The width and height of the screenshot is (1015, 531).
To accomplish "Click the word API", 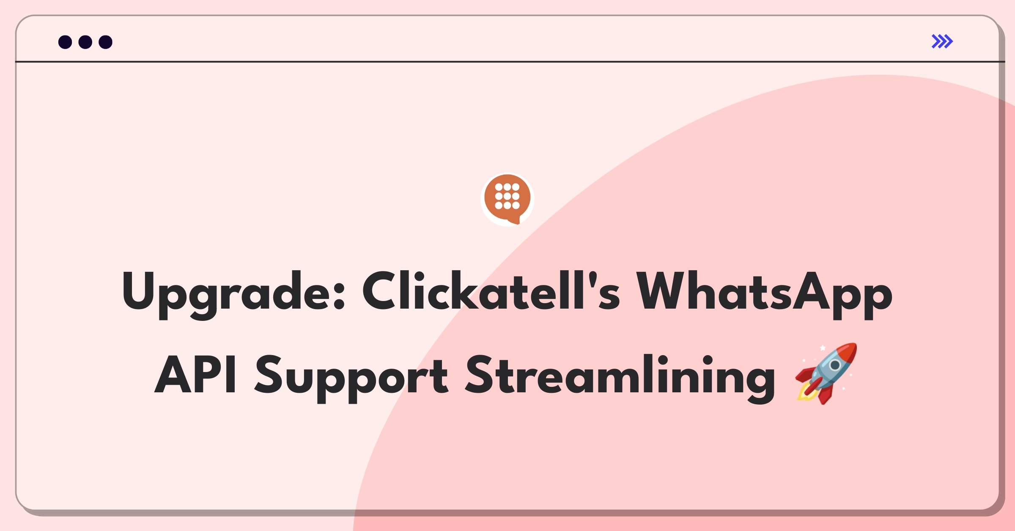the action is coord(195,374).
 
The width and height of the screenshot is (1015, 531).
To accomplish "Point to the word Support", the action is coord(351,378).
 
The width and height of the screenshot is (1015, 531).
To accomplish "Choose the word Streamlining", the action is coord(620,378).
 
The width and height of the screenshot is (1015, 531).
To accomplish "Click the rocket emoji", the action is coord(826,373).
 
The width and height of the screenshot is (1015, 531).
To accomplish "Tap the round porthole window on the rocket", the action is coord(835,365).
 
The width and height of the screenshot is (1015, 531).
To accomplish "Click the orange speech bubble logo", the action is coord(507,199).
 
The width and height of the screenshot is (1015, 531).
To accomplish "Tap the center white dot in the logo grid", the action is coord(507,196).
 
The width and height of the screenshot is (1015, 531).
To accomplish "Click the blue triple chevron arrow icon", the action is coord(942,41).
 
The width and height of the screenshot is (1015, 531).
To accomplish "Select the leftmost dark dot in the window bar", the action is coord(65,42).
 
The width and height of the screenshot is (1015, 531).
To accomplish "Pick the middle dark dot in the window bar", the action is coord(85,42).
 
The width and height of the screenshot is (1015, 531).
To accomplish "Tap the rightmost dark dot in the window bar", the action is coord(105,42).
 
